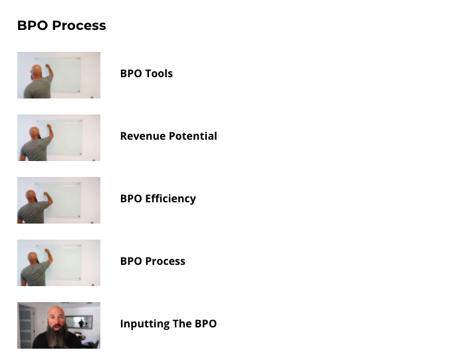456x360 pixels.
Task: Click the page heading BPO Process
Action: [x=62, y=25]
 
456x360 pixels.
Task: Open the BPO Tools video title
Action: [x=146, y=73]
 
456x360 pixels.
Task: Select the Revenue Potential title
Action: [x=168, y=136]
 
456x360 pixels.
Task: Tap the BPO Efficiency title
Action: [x=158, y=199]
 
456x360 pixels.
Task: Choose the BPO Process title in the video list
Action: [x=153, y=261]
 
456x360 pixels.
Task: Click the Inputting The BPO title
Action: [x=168, y=324]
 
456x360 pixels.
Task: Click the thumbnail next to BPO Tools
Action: [x=58, y=75]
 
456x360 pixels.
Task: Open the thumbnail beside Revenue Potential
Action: [x=58, y=138]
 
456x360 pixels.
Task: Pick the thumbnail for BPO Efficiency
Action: [x=58, y=200]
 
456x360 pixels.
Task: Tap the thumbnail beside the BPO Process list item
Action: [x=58, y=263]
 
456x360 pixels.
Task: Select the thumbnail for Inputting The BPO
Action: [x=58, y=325]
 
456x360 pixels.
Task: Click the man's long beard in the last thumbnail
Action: [x=57, y=335]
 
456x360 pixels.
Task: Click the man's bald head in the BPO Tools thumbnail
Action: [x=36, y=71]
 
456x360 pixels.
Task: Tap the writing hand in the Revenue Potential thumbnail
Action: [x=49, y=127]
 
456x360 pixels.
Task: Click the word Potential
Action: [x=193, y=136]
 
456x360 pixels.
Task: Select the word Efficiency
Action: [x=170, y=199]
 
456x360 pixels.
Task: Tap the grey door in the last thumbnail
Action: [x=25, y=326]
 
